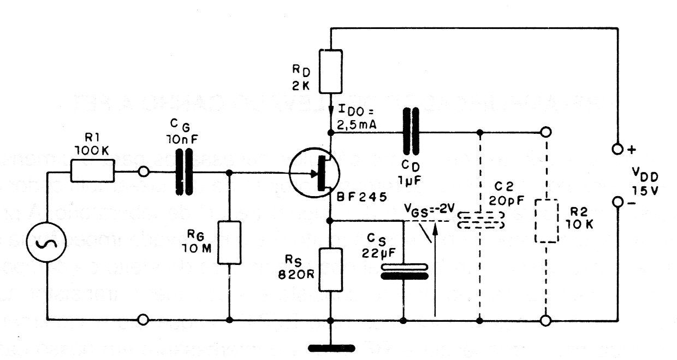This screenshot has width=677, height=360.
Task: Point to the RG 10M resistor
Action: [230, 243]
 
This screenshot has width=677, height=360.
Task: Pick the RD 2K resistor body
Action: [331, 71]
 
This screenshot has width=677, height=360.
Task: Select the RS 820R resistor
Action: [331, 269]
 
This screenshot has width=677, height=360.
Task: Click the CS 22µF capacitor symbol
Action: [404, 272]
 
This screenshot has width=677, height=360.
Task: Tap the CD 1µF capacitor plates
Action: [411, 132]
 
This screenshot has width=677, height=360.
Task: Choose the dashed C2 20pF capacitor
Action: [480, 221]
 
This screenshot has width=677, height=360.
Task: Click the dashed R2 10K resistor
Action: [546, 221]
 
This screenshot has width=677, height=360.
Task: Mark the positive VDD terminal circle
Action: [617, 149]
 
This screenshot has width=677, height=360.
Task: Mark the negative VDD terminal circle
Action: [617, 203]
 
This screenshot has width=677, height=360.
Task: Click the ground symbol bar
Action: [331, 348]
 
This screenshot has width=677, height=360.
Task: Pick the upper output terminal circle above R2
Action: [545, 132]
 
